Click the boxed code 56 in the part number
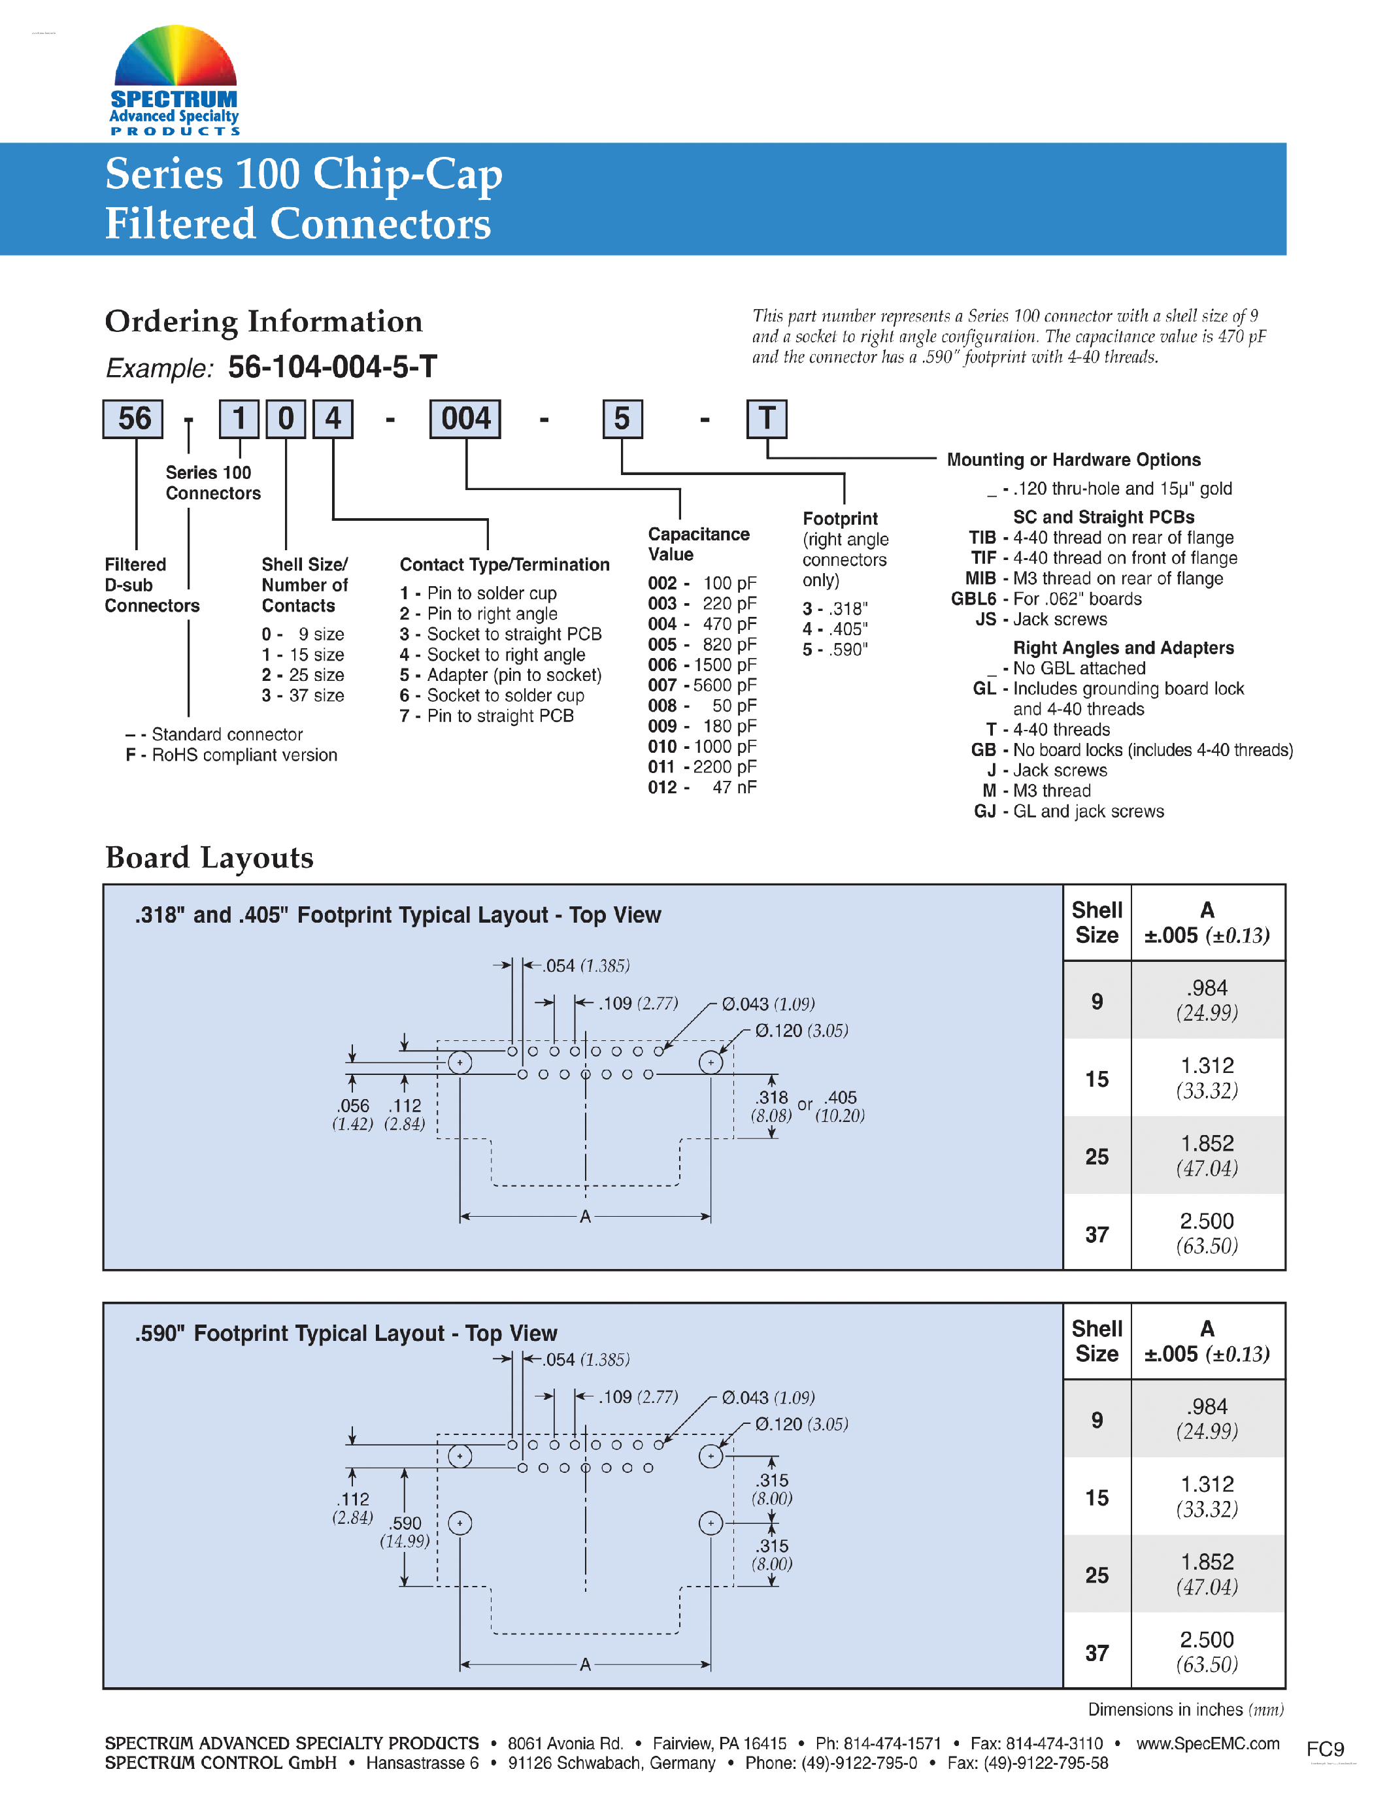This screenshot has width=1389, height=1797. coord(133,419)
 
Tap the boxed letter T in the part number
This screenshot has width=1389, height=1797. coord(766,419)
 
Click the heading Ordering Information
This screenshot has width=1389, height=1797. coord(263,321)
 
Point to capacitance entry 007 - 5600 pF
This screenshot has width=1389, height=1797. coord(702,685)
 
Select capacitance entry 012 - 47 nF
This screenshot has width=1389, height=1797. coord(702,787)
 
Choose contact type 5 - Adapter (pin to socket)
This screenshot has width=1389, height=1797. coord(500,675)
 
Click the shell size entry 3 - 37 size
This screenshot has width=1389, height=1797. coord(303,695)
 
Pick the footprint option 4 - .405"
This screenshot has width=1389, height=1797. coord(835,629)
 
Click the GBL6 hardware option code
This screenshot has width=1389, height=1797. coord(973,599)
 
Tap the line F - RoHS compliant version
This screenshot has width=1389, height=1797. coord(231,755)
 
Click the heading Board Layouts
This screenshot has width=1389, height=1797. coord(209,857)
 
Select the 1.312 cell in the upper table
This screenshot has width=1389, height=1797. coord(1207,1077)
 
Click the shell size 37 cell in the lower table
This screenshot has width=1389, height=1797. coord(1097,1653)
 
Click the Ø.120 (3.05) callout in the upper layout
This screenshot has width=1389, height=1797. coord(801,1031)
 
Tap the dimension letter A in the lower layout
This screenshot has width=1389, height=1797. coord(585,1664)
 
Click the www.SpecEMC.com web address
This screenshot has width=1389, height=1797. coord(1208,1743)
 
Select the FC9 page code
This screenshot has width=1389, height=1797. coord(1325,1749)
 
